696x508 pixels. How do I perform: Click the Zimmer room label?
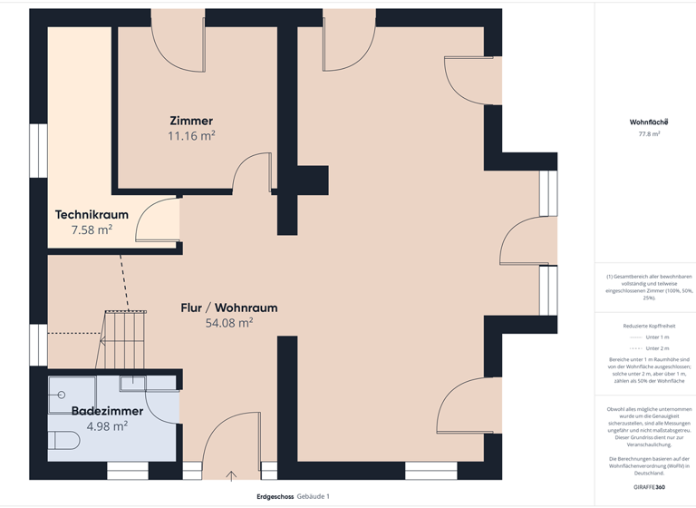[191, 121]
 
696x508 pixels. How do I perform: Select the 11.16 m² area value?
[191, 136]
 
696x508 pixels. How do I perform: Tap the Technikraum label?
[92, 215]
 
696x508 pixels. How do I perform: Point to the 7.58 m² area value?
[92, 230]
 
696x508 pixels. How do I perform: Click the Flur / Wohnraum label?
[229, 308]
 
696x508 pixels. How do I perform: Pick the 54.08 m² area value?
[229, 322]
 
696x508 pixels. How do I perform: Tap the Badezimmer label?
[107, 411]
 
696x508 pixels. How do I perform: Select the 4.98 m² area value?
[107, 425]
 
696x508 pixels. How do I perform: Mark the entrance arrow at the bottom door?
[231, 474]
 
